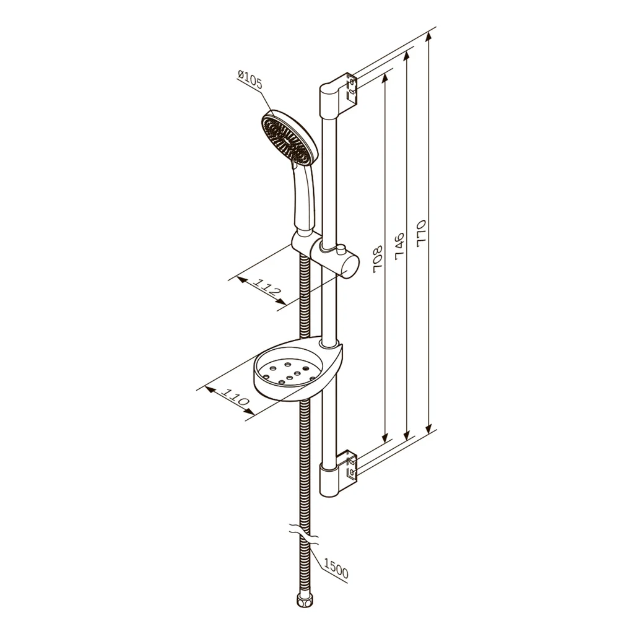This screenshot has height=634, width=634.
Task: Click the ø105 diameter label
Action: (x=250, y=80)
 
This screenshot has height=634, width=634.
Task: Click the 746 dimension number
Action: (x=399, y=246)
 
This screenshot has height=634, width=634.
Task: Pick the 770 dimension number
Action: (x=421, y=233)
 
